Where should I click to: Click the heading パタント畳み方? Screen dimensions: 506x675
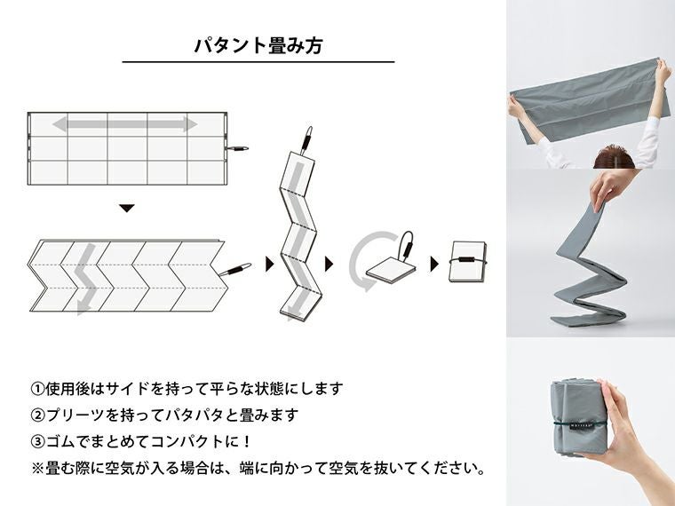(x=258, y=46)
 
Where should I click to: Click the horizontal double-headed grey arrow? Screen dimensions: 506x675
(x=124, y=123)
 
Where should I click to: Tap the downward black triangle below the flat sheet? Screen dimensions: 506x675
(x=126, y=208)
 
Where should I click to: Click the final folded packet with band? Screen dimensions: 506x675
(x=466, y=262)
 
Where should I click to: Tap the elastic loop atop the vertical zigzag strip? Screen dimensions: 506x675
(x=307, y=138)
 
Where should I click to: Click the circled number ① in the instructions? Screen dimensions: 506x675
(x=37, y=389)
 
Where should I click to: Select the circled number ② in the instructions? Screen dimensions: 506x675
(x=37, y=415)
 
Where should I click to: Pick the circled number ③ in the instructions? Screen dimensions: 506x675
(x=37, y=440)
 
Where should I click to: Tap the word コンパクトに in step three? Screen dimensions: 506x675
(x=199, y=440)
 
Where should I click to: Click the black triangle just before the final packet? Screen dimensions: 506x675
(x=434, y=264)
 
